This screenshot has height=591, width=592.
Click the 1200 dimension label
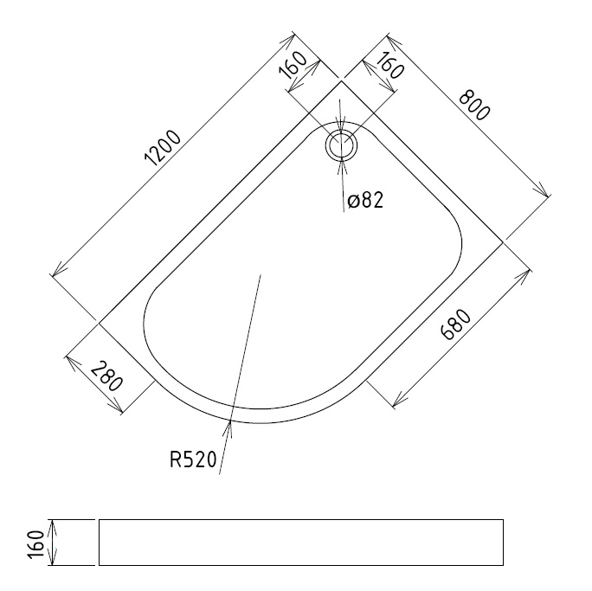[x=163, y=148]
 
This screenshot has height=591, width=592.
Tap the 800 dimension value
[x=474, y=106]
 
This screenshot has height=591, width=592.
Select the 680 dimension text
[x=456, y=324]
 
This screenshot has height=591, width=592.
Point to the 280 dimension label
[x=106, y=376]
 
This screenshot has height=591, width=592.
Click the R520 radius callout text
[x=193, y=459]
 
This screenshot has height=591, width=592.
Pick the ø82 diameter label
[x=365, y=200]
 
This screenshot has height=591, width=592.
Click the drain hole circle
[x=341, y=145]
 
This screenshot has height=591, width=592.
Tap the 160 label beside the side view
[x=36, y=545]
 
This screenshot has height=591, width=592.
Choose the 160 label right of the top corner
[x=390, y=65]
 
